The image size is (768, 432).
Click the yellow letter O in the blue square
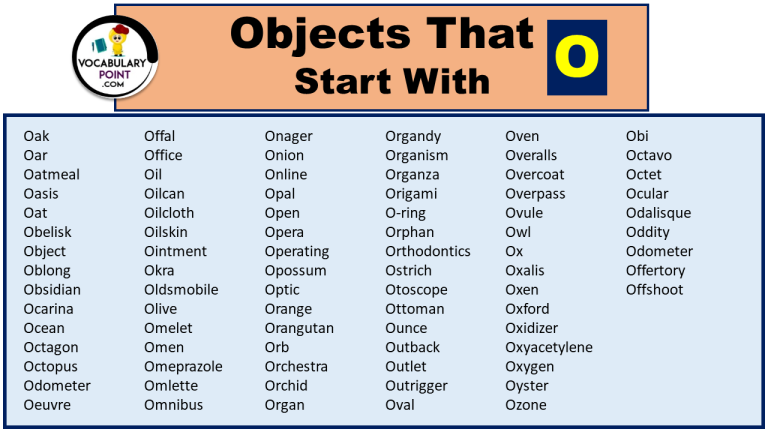click(x=577, y=57)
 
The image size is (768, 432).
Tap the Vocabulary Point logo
click(x=117, y=58)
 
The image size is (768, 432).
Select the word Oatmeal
click(x=52, y=174)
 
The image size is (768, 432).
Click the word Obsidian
click(x=52, y=290)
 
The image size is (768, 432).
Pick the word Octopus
click(x=51, y=367)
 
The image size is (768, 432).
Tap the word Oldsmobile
click(x=181, y=290)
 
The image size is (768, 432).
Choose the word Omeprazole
click(x=183, y=367)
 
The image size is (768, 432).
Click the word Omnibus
click(x=173, y=405)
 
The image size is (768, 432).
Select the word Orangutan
click(x=299, y=328)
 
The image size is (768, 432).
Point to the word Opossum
click(x=295, y=270)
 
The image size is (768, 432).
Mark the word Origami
click(x=411, y=193)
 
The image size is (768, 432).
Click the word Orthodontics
click(x=428, y=251)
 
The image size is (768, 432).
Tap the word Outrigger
click(x=416, y=386)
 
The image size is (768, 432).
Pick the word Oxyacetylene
click(x=549, y=347)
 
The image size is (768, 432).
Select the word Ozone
click(x=526, y=405)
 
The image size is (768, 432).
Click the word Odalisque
click(x=658, y=213)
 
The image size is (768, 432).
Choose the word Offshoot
click(x=655, y=290)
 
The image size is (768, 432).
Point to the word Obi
click(x=638, y=136)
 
